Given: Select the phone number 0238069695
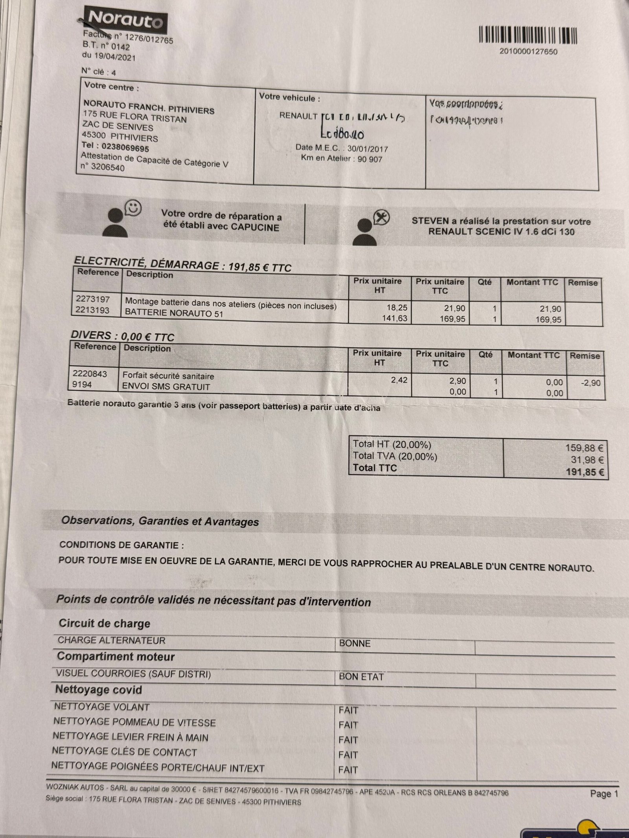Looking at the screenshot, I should coord(125,148).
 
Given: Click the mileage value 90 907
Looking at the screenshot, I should coord(370,159).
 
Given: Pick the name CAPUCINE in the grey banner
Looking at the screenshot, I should coord(255,227).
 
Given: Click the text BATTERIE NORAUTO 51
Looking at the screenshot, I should coord(174,314).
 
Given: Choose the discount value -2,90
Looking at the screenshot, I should coord(590,382).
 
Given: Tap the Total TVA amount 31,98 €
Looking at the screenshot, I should coord(587,460).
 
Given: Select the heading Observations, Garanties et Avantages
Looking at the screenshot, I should coord(160,521).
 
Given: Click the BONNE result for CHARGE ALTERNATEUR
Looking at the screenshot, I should coord(355,643).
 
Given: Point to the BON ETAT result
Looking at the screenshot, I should coord(361,677).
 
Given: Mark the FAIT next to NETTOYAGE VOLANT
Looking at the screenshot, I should coord(348,710).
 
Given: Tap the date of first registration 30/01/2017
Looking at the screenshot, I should coord(367,149).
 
